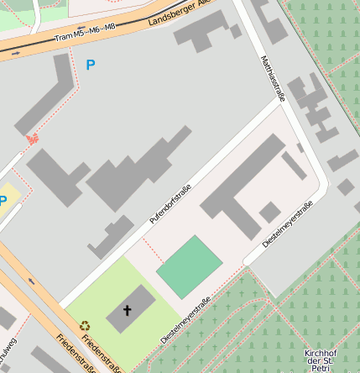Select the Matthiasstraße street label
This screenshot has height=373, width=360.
tap(273, 78)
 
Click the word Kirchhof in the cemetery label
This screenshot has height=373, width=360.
tap(320, 353)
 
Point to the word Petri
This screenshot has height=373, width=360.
tap(319, 368)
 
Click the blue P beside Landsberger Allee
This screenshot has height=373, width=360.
tap(91, 65)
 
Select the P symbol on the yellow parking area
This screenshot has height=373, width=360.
tap(3, 200)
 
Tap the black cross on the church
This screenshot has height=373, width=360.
tap(128, 311)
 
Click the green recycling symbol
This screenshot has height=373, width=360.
tap(85, 325)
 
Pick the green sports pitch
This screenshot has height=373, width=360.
tap(189, 266)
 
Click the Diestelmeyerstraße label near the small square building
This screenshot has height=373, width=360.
tap(287, 224)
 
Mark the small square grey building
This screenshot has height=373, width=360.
tap(269, 212)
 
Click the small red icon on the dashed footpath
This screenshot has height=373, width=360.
tap(33, 139)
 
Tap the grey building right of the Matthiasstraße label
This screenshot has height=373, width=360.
tap(310, 106)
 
